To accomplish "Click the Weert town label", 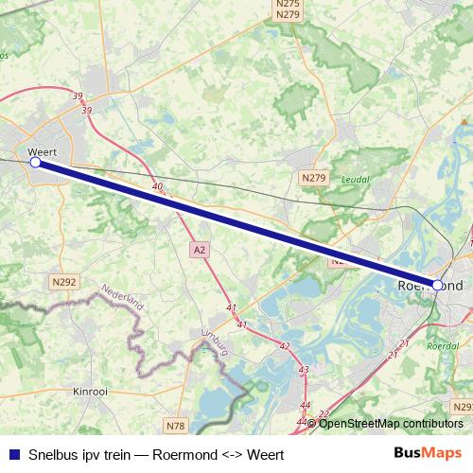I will (44, 150).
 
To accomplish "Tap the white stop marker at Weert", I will (36, 163).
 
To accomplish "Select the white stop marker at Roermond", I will (437, 284).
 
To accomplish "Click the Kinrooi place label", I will (92, 390).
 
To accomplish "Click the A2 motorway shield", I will (198, 250).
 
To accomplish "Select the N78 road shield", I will (174, 425).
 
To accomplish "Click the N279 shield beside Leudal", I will (314, 177).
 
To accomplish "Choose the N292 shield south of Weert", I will (64, 281).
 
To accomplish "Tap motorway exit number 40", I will (157, 187).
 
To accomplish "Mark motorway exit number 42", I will (284, 346).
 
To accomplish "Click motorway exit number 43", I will (303, 370).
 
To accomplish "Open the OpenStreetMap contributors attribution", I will (391, 423).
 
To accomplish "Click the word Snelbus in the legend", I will (54, 452).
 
